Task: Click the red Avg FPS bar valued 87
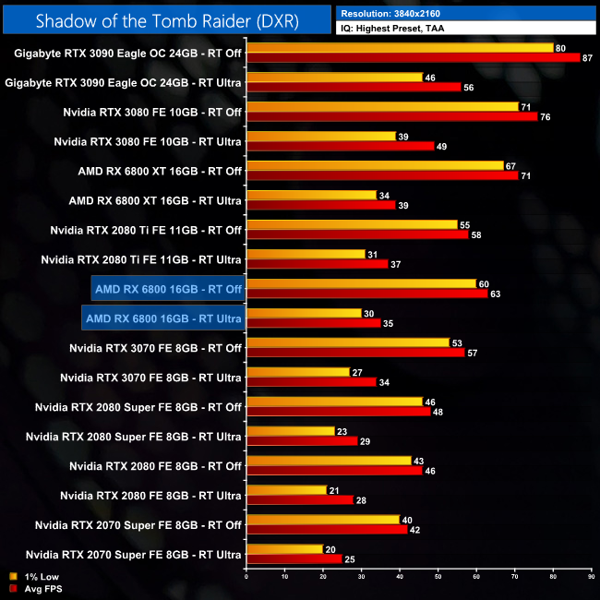pos(413,58)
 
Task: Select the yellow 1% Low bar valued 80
pos(400,48)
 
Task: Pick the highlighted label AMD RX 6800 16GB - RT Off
pos(167,290)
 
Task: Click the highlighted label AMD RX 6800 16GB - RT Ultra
pos(162,319)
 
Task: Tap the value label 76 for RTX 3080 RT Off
pos(545,117)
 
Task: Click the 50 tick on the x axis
pos(438,579)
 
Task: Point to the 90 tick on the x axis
pos(590,579)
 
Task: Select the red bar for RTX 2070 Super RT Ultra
pos(294,559)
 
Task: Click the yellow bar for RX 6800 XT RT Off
pos(375,166)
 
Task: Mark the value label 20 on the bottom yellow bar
pos(330,549)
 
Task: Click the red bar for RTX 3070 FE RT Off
pos(355,353)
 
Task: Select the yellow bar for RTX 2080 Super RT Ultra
pos(290,431)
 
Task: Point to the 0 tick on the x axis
pos(246,579)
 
